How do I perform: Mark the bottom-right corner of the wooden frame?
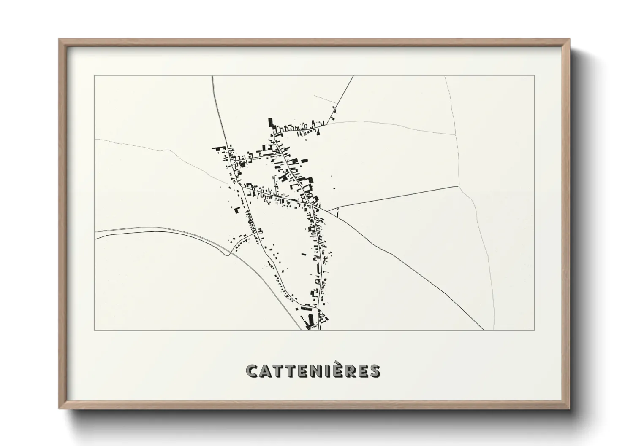point(569,408)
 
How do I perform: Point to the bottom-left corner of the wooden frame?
point(60,408)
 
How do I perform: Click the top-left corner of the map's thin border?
point(94,75)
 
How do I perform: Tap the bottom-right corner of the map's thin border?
point(535,330)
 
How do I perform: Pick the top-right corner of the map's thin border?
point(535,75)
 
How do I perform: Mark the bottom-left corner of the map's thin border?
point(94,330)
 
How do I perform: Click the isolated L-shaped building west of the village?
point(237,209)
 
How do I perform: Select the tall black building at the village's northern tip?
point(270,123)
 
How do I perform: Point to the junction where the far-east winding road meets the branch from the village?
point(459,186)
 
